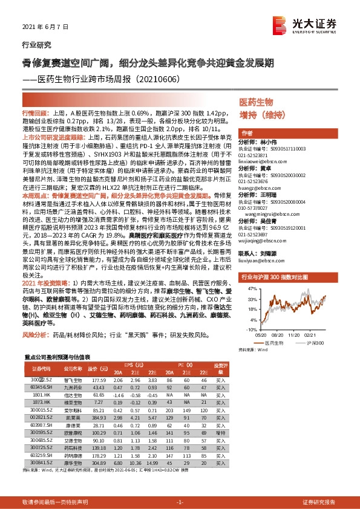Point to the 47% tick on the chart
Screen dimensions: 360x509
coord(250,290)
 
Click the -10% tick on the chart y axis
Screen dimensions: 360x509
coord(249,329)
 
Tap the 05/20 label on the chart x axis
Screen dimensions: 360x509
coord(260,334)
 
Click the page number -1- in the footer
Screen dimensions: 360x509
coord(180,502)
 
